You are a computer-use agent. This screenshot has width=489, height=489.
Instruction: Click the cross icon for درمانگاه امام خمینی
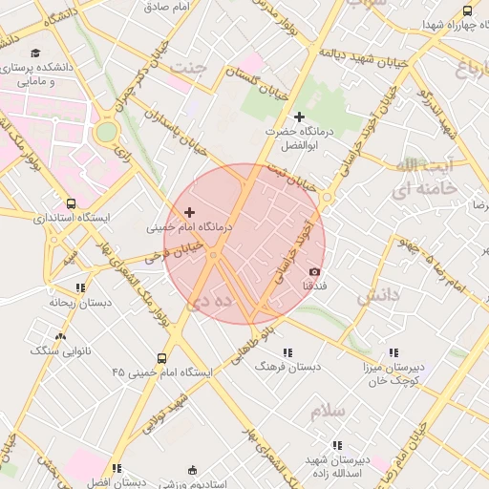(x=189, y=212)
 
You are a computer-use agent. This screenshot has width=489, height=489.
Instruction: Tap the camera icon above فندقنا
(x=315, y=272)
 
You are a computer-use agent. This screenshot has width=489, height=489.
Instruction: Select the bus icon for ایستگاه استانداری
(x=72, y=203)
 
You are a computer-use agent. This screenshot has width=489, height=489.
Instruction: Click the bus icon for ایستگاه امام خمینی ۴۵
(x=161, y=359)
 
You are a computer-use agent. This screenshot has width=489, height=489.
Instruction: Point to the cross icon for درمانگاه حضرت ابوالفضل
(x=299, y=117)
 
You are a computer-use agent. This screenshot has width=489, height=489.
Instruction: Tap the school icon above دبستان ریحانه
(x=80, y=287)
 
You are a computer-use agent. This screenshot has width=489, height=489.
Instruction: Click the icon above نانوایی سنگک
(x=61, y=336)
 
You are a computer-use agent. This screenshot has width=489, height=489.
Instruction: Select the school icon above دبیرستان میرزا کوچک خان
(x=393, y=352)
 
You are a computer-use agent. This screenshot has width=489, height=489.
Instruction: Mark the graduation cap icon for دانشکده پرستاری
(x=35, y=53)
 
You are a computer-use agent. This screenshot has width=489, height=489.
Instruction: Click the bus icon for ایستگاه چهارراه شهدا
(x=467, y=11)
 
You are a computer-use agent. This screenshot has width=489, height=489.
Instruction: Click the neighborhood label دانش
(x=378, y=297)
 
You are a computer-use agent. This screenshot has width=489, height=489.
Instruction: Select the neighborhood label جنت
(x=187, y=69)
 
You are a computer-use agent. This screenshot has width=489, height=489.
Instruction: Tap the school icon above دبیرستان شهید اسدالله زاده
(x=336, y=445)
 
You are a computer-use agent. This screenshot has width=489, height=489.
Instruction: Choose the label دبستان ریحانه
(x=75, y=302)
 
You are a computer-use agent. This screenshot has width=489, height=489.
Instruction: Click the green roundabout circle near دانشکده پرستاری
(x=107, y=132)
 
